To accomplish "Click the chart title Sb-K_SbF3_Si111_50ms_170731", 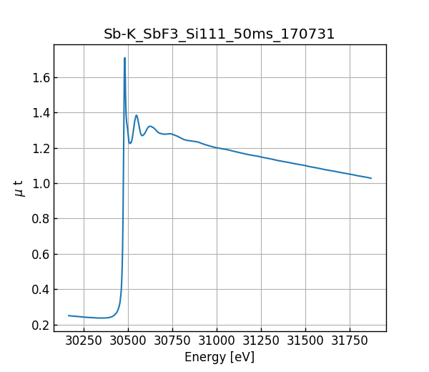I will click(x=220, y=34).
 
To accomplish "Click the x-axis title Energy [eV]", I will click(x=220, y=357).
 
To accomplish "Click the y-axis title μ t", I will click(x=19, y=188).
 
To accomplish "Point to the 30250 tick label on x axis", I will click(x=84, y=341).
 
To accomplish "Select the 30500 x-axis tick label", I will click(x=128, y=341).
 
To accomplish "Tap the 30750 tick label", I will click(x=172, y=341).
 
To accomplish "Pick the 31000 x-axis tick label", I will click(x=217, y=341).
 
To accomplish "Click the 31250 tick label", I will click(x=261, y=341).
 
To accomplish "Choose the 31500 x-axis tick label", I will click(x=305, y=341).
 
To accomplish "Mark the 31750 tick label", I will click(x=350, y=341).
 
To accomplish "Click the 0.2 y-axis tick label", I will click(x=40, y=325).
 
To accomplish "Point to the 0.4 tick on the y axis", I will click(x=40, y=290).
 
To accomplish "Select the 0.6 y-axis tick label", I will click(x=40, y=254).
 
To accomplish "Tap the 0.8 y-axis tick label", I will click(x=40, y=219).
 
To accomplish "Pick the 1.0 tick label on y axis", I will click(x=40, y=184).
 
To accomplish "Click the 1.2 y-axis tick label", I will click(x=40, y=148).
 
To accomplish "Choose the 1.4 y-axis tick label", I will click(x=40, y=113).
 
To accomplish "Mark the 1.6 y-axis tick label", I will click(x=40, y=77).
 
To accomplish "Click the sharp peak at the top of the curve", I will click(x=124, y=59).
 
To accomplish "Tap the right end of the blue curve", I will click(x=371, y=178).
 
